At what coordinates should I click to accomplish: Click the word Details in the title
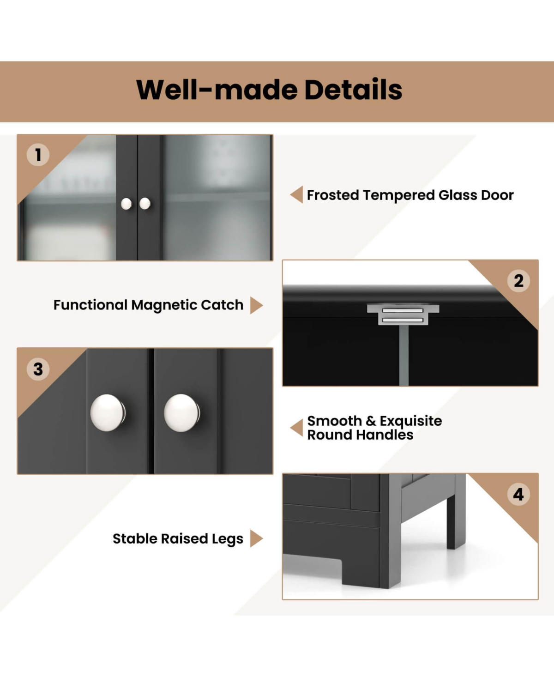[x=353, y=90]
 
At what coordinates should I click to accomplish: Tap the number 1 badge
[x=38, y=155]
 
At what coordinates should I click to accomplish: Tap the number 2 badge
[x=518, y=281]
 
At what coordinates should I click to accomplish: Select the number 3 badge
[x=38, y=369]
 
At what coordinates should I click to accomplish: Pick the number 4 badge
[x=518, y=494]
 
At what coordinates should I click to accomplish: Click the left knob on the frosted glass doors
[x=126, y=204]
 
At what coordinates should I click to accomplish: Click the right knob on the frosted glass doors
[x=145, y=203]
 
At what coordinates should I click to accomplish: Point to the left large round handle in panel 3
[x=108, y=413]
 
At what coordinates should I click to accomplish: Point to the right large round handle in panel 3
[x=182, y=413]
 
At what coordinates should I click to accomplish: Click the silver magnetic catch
[x=403, y=314]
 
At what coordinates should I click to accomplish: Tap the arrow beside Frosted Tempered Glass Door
[x=296, y=194]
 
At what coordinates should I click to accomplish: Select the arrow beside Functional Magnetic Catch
[x=257, y=305]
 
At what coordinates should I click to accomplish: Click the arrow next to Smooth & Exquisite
[x=296, y=428]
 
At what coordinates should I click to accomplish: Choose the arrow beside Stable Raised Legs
[x=257, y=538]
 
